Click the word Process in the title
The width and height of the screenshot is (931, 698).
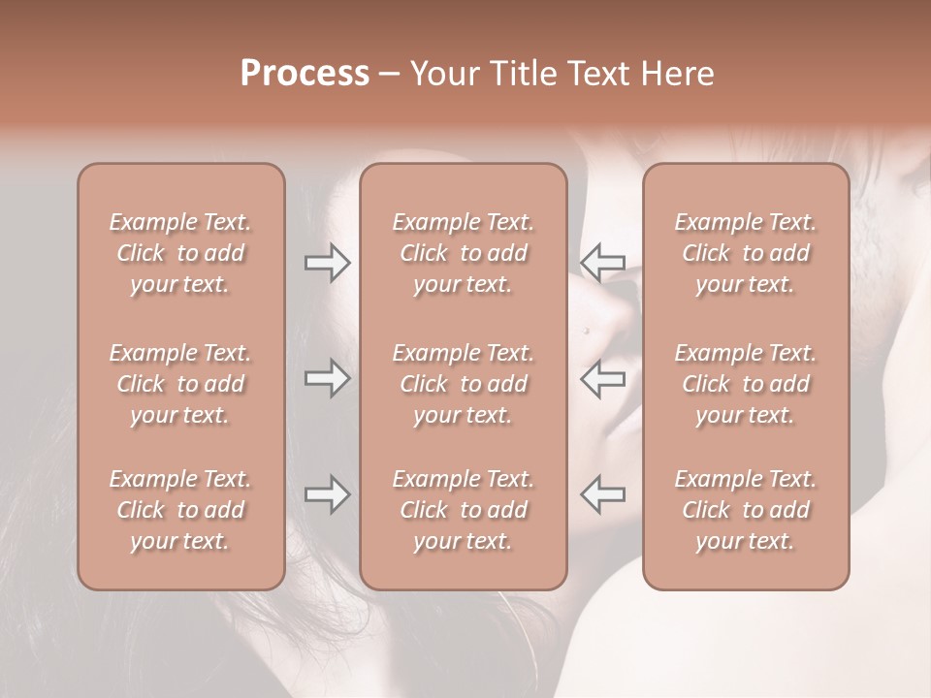(x=305, y=74)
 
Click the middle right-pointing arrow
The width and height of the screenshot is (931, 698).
(x=327, y=378)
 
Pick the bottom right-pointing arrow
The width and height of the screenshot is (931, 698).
(x=327, y=494)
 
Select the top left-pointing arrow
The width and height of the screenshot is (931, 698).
(x=603, y=262)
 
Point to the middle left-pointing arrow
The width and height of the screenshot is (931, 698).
(x=603, y=378)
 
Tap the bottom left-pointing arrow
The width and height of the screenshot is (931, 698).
(x=603, y=494)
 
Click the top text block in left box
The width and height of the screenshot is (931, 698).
(x=180, y=253)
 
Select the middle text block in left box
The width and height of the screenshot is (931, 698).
(x=180, y=384)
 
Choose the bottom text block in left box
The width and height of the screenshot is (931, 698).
(x=180, y=510)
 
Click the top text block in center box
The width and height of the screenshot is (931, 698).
(x=463, y=253)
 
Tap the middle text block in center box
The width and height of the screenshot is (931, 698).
(x=463, y=384)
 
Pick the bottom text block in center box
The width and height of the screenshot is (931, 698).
(x=463, y=510)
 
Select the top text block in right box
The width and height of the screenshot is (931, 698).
(x=746, y=253)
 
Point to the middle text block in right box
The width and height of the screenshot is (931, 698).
(x=746, y=384)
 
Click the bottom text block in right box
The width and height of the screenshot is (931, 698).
(x=746, y=510)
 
